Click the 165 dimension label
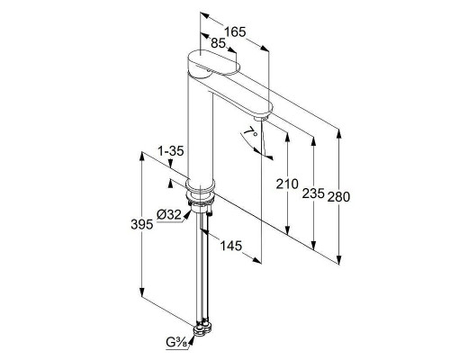[x=235, y=31]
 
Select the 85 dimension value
[x=218, y=43]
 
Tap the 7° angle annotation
[x=250, y=132]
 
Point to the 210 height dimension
[x=287, y=184]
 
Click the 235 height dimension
[x=313, y=193]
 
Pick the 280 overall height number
[x=338, y=197]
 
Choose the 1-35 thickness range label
[x=171, y=151]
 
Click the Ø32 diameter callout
[x=169, y=215]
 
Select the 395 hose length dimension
[x=142, y=224]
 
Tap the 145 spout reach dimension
[x=231, y=246]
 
